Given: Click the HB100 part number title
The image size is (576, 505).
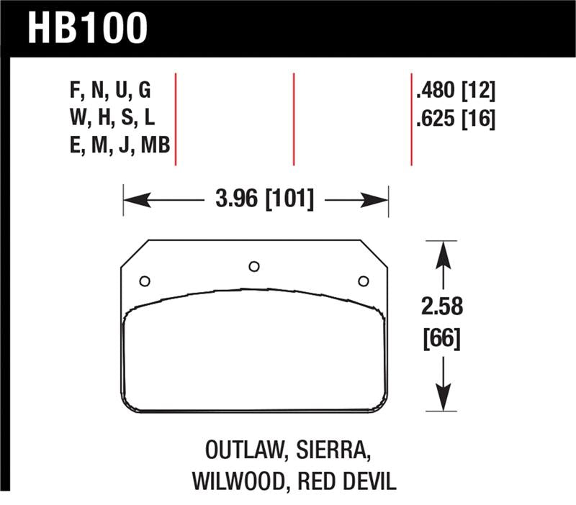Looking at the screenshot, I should click(87, 28).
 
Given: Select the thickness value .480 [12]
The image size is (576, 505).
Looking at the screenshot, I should click(455, 91).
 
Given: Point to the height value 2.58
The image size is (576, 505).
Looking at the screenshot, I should click(441, 307).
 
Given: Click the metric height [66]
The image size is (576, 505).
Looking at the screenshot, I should click(441, 337).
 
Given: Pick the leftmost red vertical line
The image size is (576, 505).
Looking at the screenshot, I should click(176, 119).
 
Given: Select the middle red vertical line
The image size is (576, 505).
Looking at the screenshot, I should click(294, 119).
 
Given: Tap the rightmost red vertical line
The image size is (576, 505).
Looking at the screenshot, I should click(411, 119).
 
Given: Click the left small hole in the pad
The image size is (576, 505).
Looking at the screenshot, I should click(144, 281).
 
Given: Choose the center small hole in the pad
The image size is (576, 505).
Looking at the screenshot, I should click(253, 267).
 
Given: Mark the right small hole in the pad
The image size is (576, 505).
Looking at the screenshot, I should click(363, 281).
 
